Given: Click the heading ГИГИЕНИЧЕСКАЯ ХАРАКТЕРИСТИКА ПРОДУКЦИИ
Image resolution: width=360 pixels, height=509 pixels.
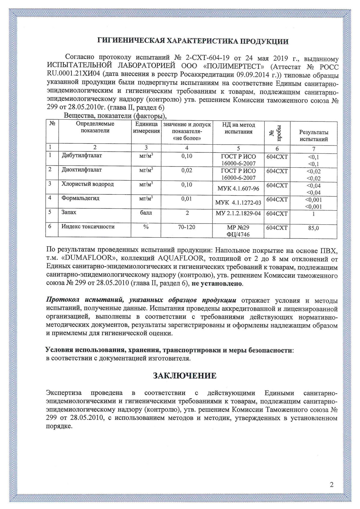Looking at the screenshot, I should [x=193, y=41].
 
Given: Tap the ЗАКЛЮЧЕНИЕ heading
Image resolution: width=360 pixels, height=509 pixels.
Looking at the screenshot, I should [x=184, y=376].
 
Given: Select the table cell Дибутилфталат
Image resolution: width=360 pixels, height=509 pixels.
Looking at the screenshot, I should [x=82, y=156].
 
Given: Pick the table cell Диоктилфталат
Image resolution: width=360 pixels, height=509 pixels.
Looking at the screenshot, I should [x=82, y=170].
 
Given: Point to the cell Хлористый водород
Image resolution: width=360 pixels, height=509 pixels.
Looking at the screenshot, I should [x=88, y=184].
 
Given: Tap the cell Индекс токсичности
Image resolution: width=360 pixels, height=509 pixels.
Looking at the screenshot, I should [x=88, y=227].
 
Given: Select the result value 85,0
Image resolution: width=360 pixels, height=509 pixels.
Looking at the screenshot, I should [x=313, y=228].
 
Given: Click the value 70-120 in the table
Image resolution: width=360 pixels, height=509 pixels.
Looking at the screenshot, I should [x=187, y=227].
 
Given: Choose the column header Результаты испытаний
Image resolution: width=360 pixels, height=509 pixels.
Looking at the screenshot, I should [x=314, y=136].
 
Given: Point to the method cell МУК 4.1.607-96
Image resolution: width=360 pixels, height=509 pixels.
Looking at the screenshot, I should [x=238, y=188].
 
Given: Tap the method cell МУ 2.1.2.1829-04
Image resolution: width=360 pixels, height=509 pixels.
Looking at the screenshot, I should [x=238, y=214].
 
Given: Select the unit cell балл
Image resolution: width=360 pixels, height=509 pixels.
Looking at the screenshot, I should [x=146, y=213].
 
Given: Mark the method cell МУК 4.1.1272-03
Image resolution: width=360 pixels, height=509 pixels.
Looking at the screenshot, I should [x=238, y=203].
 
